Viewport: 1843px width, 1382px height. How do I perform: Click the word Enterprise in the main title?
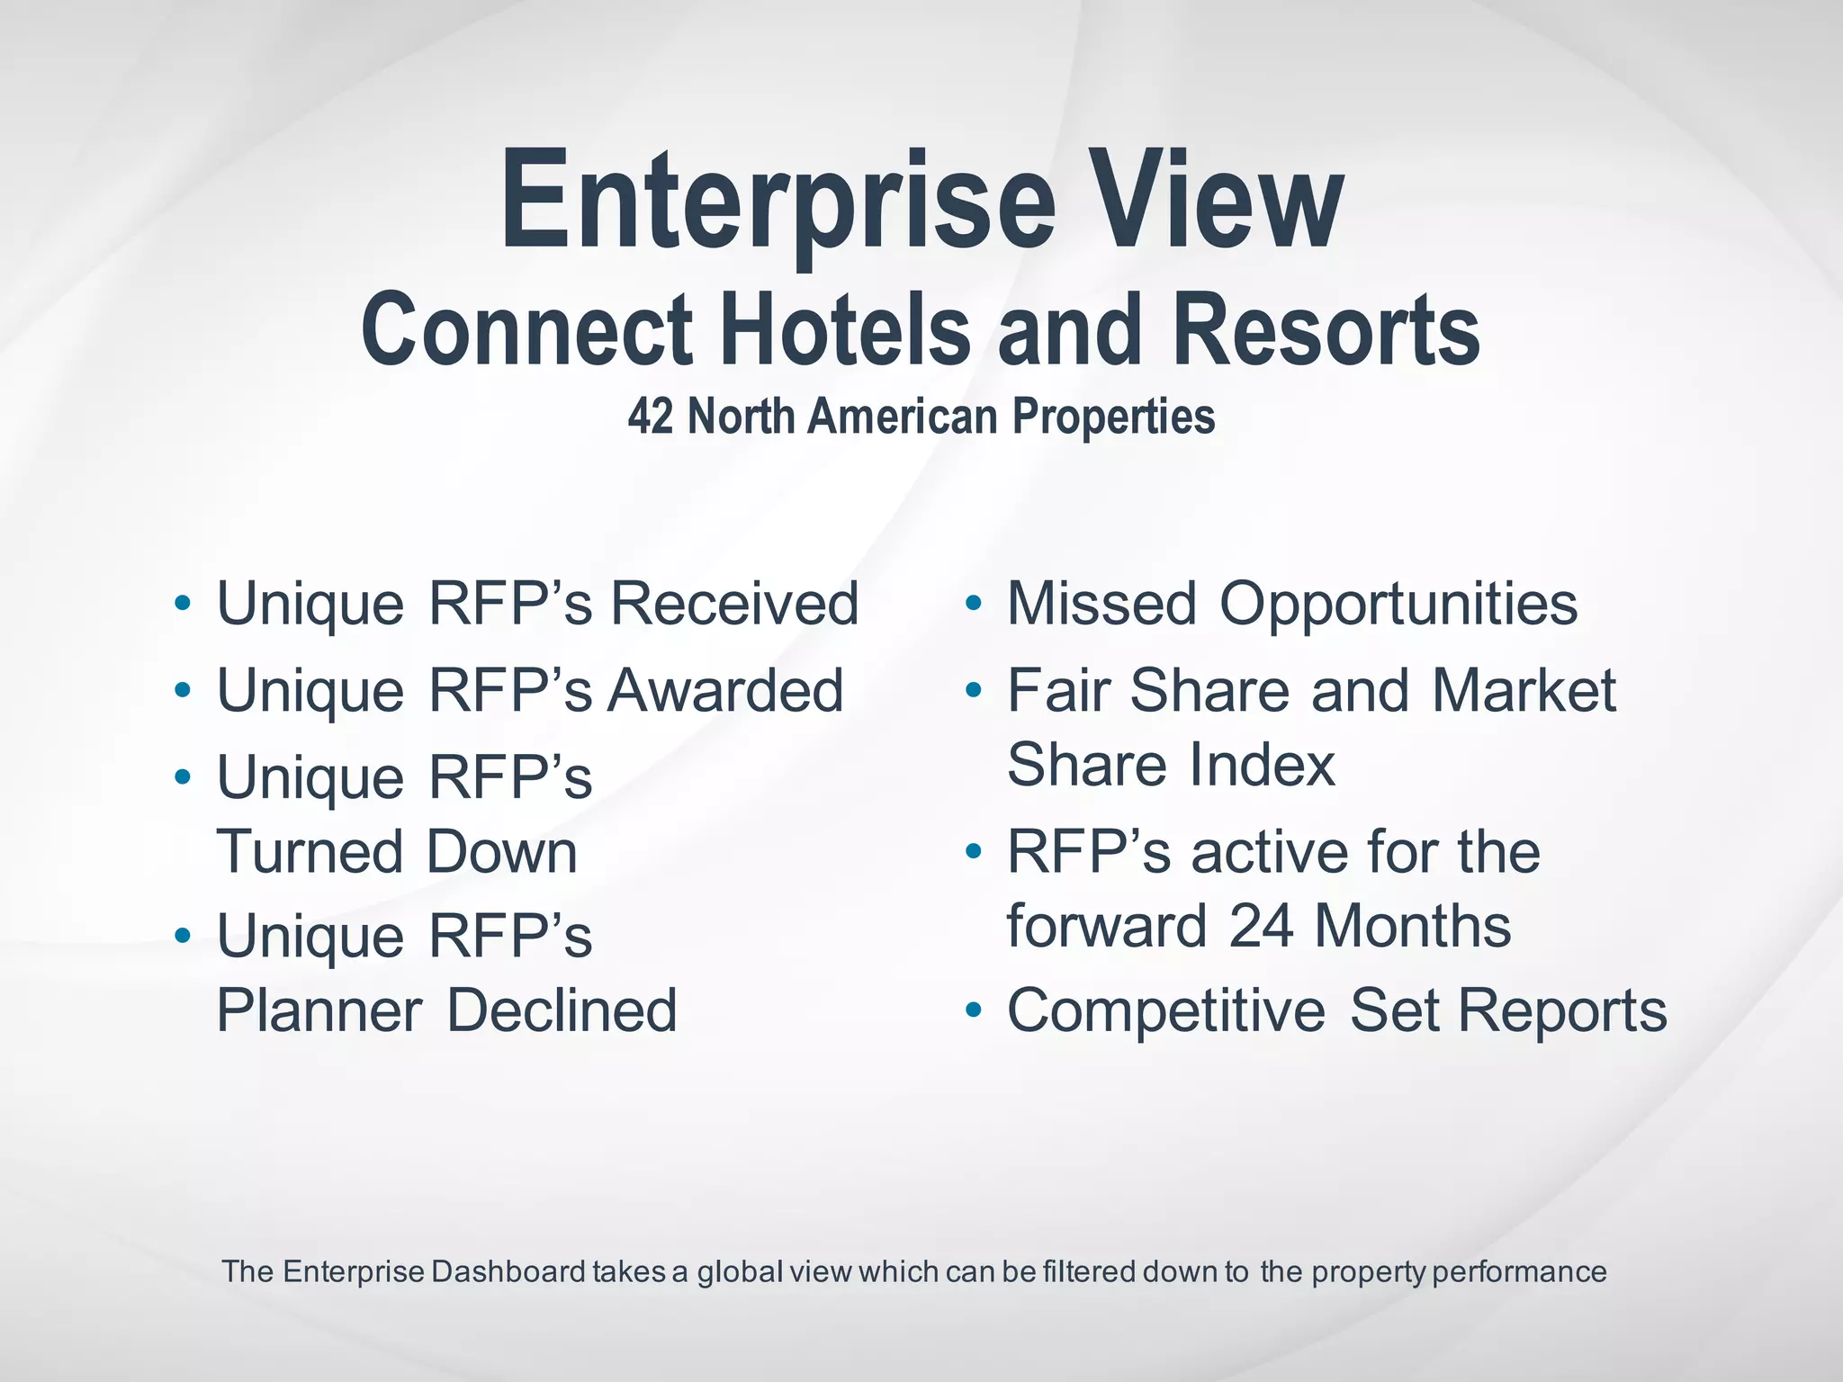[777, 202]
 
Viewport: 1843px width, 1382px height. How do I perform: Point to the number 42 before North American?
[650, 417]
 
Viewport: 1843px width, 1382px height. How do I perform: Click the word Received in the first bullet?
[734, 603]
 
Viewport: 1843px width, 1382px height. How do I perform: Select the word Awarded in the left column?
[725, 690]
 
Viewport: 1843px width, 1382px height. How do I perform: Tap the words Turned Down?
[397, 851]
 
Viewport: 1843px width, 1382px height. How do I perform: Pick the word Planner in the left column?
[319, 1010]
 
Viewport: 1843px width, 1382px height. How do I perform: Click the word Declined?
[562, 1010]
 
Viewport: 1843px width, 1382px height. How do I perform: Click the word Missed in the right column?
[1101, 603]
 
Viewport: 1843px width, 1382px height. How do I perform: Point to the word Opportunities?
[1398, 603]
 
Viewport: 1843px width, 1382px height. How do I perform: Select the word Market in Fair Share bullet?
[1524, 690]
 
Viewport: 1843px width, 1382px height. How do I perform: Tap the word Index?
[1262, 765]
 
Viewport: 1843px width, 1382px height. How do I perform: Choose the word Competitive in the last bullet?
[1166, 1010]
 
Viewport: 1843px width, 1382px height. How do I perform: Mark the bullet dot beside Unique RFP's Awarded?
[183, 691]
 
